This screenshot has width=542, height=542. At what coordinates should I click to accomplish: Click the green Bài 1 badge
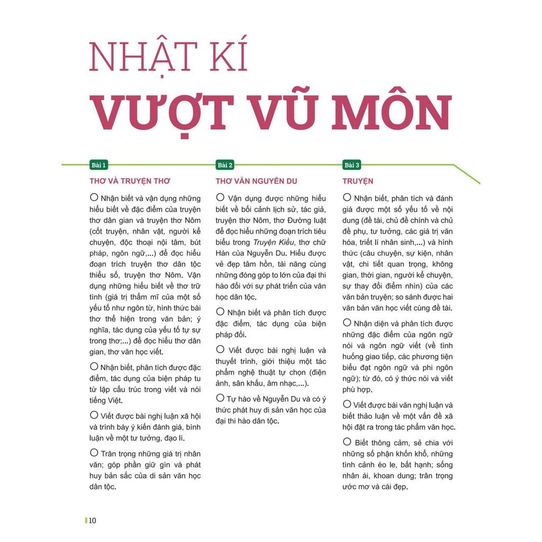click(x=99, y=165)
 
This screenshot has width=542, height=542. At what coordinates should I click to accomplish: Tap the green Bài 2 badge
click(x=225, y=165)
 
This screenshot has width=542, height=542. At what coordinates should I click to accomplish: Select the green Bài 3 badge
click(x=352, y=165)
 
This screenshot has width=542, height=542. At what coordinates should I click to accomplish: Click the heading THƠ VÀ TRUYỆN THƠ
click(x=130, y=181)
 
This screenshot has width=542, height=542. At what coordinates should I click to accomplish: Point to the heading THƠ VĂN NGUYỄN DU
click(x=256, y=181)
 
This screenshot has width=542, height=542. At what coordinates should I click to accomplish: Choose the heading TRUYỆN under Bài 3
click(x=358, y=181)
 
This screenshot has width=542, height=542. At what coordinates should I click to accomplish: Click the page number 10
click(x=93, y=520)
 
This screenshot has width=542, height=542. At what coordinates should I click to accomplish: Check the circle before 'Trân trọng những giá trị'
click(x=94, y=453)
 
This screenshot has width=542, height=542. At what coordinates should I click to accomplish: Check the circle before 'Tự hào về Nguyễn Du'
click(x=220, y=398)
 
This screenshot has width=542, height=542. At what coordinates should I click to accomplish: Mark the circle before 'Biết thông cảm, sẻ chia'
click(x=347, y=441)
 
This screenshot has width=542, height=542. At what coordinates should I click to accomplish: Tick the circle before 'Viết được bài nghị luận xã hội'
click(x=94, y=415)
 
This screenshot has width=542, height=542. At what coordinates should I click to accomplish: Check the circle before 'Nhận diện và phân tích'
click(x=347, y=322)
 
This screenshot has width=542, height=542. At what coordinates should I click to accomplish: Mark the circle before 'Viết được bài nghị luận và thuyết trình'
click(x=220, y=349)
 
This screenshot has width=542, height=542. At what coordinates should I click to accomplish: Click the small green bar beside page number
click(x=86, y=520)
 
